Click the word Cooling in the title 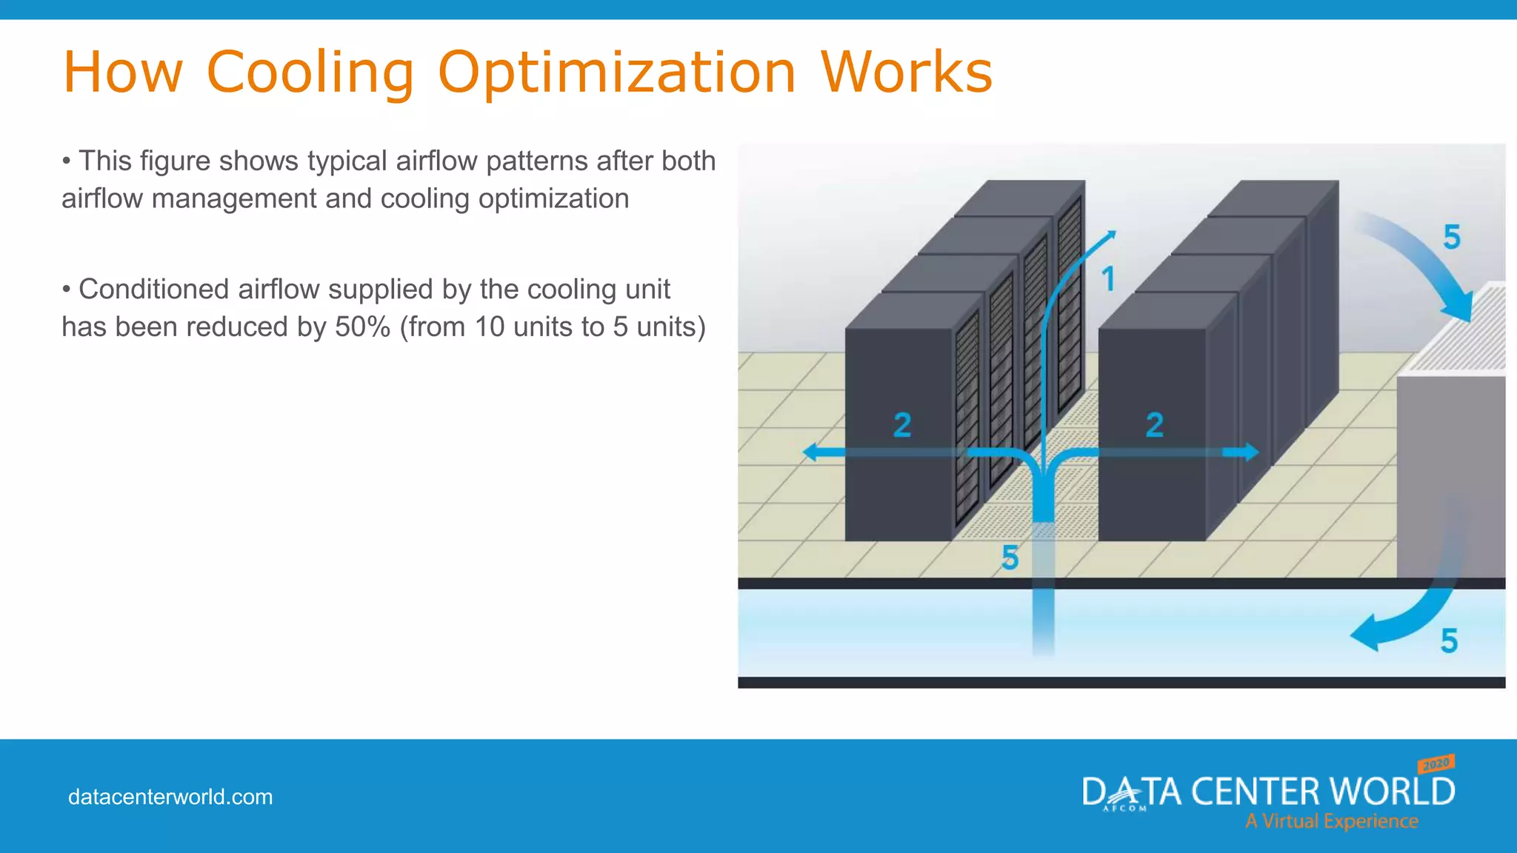point(310,73)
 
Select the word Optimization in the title point(616,74)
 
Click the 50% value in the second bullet point(362,327)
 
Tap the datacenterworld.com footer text point(170,797)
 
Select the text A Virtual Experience point(1331,821)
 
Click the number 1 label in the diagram point(1108,280)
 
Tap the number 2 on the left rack point(901,425)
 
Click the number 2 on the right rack point(1154,425)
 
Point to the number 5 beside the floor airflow point(1010,558)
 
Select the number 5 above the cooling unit point(1452,237)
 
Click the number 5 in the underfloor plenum point(1449,641)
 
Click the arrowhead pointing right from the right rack point(1250,452)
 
